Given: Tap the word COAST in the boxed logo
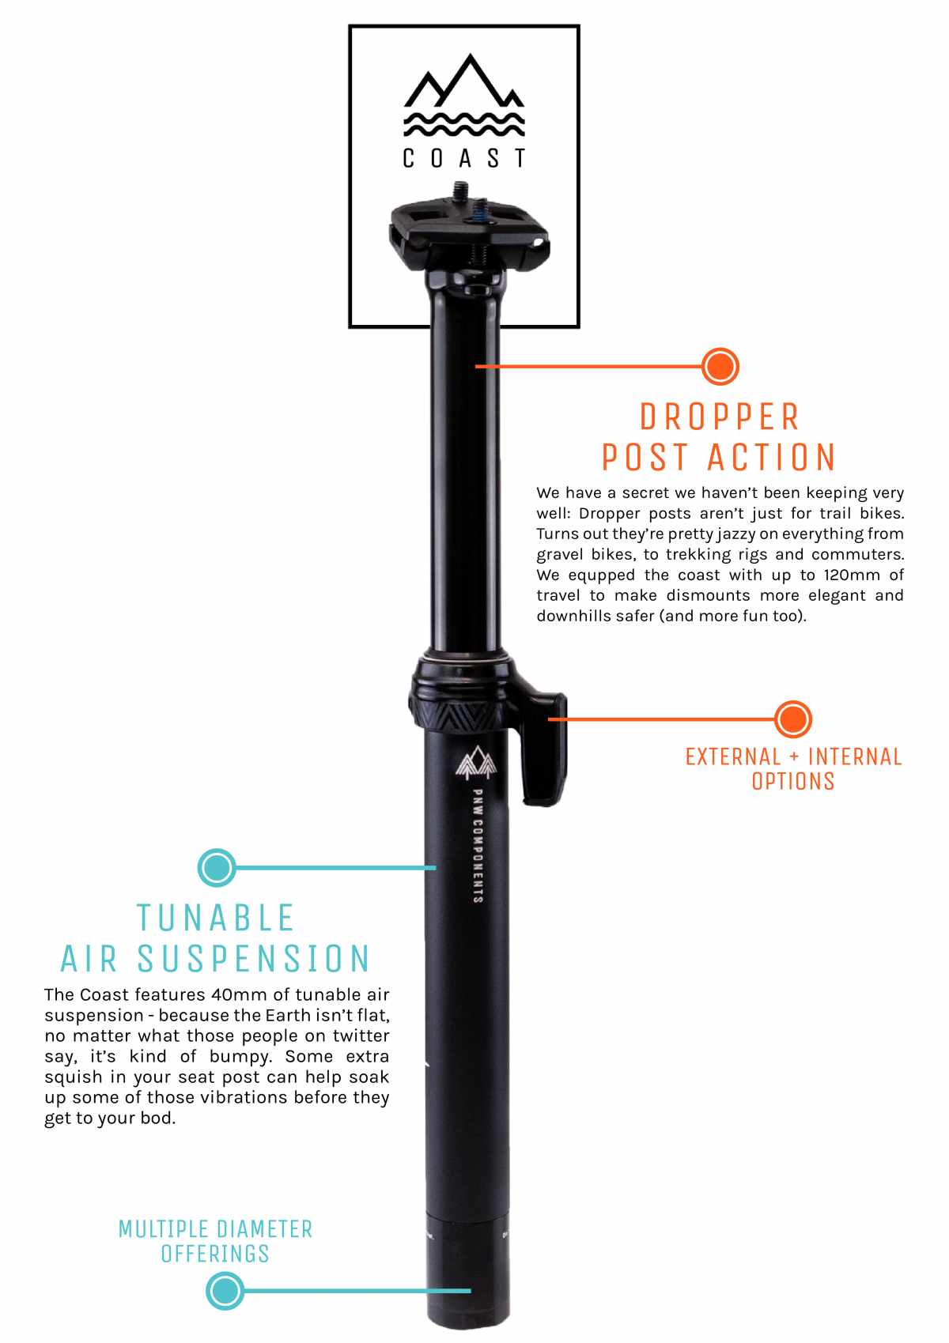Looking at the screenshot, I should pyautogui.click(x=464, y=158).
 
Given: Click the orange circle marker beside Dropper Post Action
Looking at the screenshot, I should pyautogui.click(x=720, y=366).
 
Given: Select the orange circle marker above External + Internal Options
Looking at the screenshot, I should pyautogui.click(x=792, y=719).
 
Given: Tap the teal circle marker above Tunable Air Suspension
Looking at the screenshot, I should pyautogui.click(x=216, y=868).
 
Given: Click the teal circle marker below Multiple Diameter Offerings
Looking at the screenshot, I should pyautogui.click(x=225, y=1291).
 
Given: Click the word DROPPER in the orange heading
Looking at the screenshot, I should pyautogui.click(x=720, y=417).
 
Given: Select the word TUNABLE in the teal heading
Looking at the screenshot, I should pyautogui.click(x=216, y=919).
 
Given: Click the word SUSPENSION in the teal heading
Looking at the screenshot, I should pyautogui.click(x=254, y=959).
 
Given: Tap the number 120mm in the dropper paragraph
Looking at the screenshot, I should pyautogui.click(x=851, y=575).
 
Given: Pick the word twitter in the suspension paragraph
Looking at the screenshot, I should pyautogui.click(x=361, y=1036).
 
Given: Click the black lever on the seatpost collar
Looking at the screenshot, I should pyautogui.click(x=546, y=747).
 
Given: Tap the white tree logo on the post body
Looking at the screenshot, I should pyautogui.click(x=475, y=762).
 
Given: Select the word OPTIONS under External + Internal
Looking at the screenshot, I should pyautogui.click(x=792, y=782).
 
